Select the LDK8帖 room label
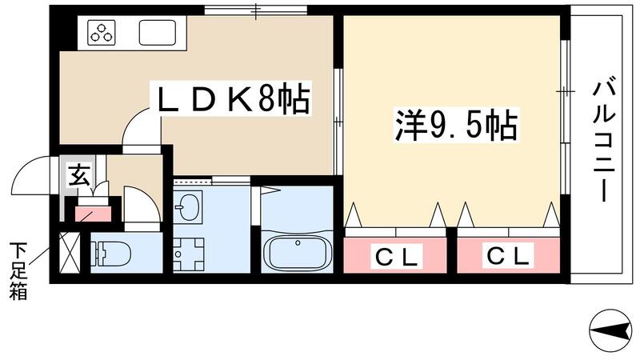coord(233,100)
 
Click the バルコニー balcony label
coord(602,141)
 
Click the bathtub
coord(296,252)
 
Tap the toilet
coord(112,254)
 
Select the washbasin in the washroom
coord(190,208)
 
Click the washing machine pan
coord(190,254)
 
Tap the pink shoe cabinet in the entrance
coord(94,214)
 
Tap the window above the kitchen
coord(255,10)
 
